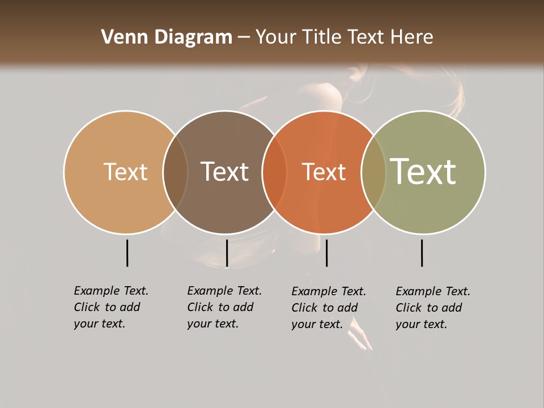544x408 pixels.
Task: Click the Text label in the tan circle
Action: coord(125,172)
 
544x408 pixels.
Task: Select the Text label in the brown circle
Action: coord(224,172)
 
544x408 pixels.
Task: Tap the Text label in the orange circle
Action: coord(324,172)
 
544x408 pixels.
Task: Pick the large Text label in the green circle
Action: coord(423,172)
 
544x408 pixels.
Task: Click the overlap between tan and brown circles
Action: coord(175,172)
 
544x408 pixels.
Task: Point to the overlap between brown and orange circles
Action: coord(274,172)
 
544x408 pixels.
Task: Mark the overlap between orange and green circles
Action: coord(373,172)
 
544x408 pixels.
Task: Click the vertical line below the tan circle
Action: coord(127,253)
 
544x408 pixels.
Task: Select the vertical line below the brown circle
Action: coord(227,253)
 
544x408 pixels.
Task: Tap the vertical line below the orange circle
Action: coord(326,253)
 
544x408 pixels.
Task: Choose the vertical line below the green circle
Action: coord(422,253)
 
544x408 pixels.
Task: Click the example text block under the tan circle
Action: coord(111,307)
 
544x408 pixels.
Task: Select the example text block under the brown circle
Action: coord(224,307)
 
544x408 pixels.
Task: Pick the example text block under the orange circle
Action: coord(329,308)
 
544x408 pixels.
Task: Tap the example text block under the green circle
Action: coord(433,308)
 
